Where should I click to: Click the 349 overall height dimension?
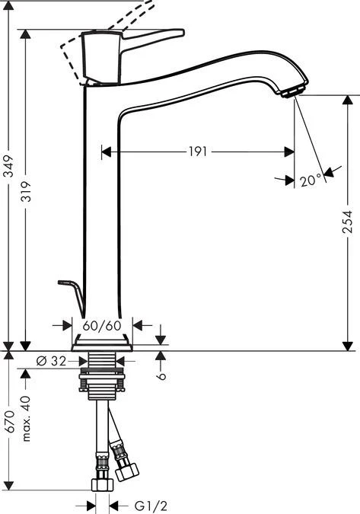coord(8,166)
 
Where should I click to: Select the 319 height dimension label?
coord(26,191)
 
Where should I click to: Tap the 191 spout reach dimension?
coord(198,152)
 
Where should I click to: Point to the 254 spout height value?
coord(347,222)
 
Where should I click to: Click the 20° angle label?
coord(311,180)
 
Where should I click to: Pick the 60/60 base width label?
coord(102,326)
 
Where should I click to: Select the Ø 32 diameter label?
coord(51,361)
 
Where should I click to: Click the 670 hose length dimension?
coord(9,421)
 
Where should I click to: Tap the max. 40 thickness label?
coord(26,419)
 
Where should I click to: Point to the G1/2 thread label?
coord(151,506)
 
